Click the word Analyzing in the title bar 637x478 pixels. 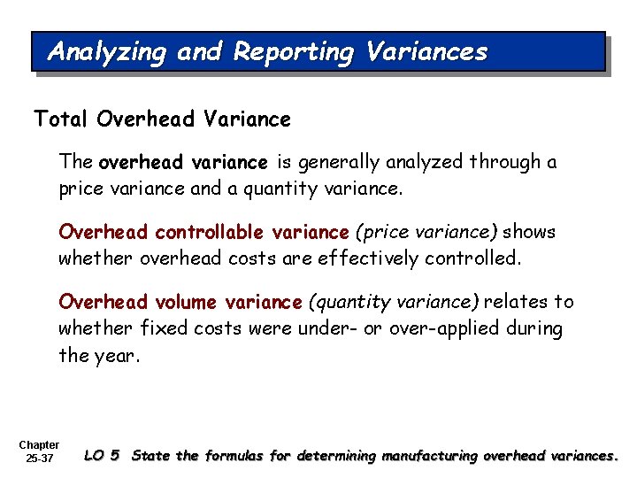(x=106, y=52)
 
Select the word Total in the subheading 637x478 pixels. (x=55, y=118)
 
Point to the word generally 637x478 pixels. (x=340, y=163)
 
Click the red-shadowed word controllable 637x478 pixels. (x=207, y=233)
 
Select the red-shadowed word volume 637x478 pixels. (x=181, y=303)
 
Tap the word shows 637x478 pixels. (x=531, y=233)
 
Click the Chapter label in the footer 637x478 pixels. (x=38, y=445)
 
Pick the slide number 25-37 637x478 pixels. (x=39, y=459)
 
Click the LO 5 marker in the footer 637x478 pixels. (x=102, y=456)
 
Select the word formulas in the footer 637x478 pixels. (x=234, y=456)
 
